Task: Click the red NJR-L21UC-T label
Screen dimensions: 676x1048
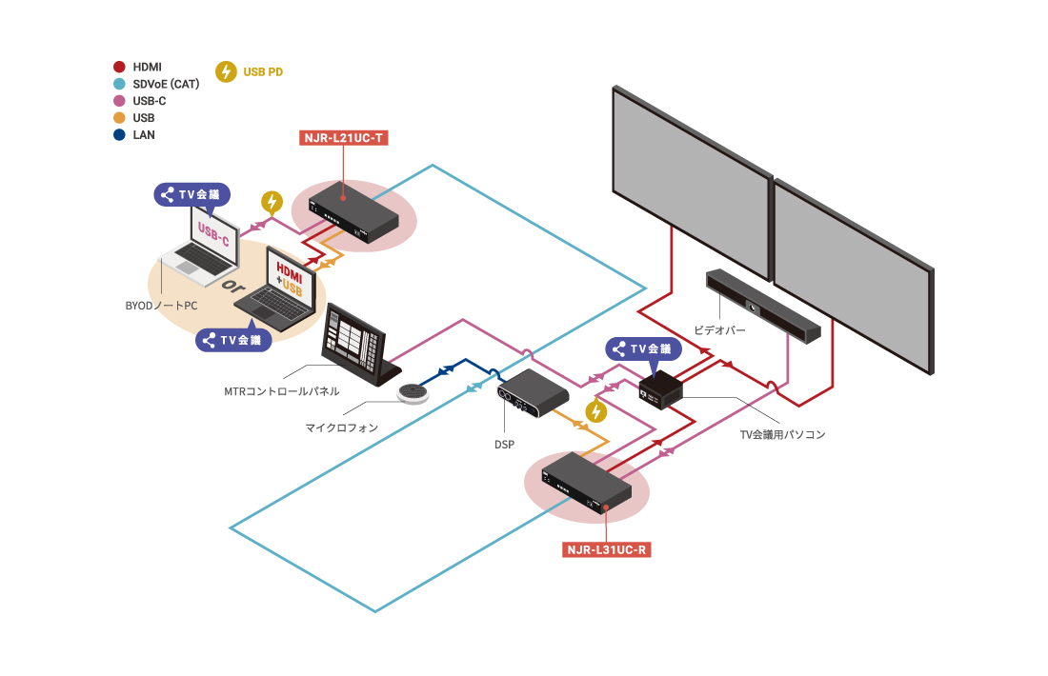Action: click(x=343, y=138)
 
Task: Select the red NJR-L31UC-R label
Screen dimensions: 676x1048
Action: click(x=608, y=549)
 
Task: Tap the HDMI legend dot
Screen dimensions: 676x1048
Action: click(x=119, y=67)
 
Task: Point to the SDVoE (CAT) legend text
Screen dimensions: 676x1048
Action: click(x=166, y=84)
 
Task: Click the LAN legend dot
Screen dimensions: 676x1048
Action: click(x=119, y=135)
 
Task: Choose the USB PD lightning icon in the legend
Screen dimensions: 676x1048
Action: click(x=227, y=71)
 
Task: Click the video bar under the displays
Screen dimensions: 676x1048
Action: click(x=762, y=307)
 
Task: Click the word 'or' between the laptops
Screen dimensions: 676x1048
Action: click(x=229, y=287)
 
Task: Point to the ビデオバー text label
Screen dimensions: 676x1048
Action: click(x=719, y=330)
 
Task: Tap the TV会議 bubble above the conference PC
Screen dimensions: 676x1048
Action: click(x=644, y=349)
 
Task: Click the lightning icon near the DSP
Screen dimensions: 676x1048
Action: click(x=595, y=411)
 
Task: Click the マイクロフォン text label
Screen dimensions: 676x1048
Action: click(x=341, y=428)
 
